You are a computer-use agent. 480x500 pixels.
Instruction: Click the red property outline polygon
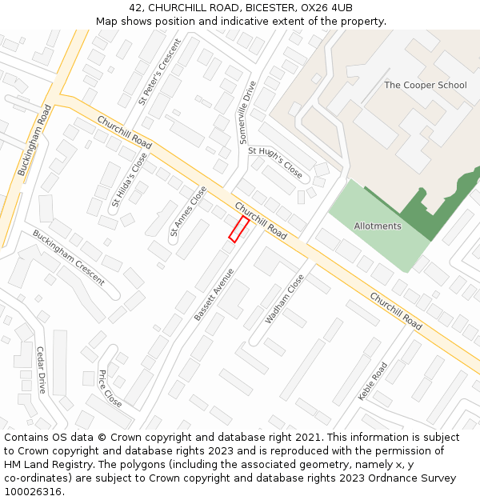click(238, 229)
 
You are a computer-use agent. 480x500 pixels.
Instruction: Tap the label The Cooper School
click(425, 85)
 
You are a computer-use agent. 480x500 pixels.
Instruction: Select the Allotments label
click(378, 226)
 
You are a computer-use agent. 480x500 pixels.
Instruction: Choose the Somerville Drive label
click(248, 112)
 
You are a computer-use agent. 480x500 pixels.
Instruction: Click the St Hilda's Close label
click(130, 181)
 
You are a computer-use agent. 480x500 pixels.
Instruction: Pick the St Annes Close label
click(188, 211)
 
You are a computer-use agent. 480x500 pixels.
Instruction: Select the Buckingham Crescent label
click(69, 257)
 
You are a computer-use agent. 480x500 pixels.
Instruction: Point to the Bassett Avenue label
click(214, 294)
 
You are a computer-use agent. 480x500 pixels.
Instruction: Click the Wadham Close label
click(285, 299)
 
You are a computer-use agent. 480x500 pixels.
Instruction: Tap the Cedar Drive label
click(42, 370)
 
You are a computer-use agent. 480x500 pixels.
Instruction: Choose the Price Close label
click(110, 389)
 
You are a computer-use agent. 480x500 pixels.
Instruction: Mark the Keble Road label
click(373, 381)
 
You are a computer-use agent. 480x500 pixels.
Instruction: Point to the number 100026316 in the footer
click(33, 491)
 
